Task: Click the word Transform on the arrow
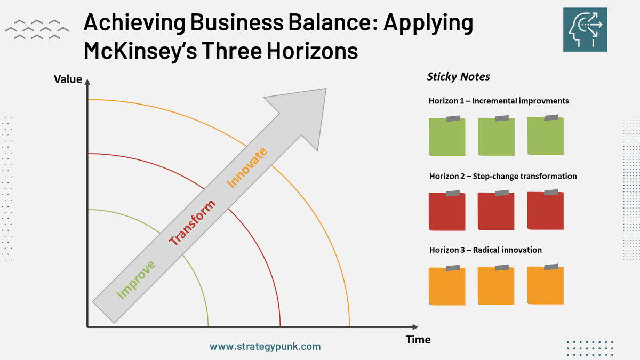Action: (193, 222)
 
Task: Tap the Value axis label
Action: (68, 79)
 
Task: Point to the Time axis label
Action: (418, 340)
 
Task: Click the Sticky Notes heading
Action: (459, 77)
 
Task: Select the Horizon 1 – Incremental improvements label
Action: (499, 100)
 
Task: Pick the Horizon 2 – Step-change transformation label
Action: (503, 176)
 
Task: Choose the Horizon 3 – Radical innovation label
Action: (485, 250)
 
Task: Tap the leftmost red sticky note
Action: (447, 212)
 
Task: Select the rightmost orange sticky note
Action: (545, 285)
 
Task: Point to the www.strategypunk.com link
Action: (265, 346)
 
